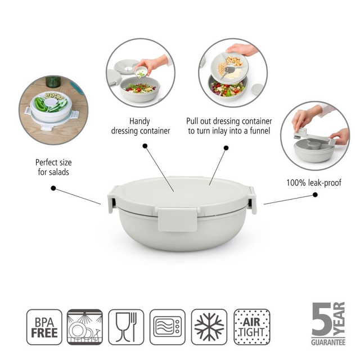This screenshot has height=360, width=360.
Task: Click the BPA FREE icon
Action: click(x=44, y=327)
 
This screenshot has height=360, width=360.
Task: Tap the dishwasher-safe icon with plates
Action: click(x=85, y=327)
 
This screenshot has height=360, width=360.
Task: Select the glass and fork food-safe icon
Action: click(x=126, y=327)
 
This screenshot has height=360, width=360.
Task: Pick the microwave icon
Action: click(x=167, y=327)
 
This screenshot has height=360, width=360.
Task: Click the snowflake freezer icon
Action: click(x=209, y=327)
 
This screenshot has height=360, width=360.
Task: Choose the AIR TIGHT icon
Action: click(x=250, y=327)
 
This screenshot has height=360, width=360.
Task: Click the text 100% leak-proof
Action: click(x=314, y=183)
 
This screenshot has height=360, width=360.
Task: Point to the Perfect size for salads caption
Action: click(x=52, y=167)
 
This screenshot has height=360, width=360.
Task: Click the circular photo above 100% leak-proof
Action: click(x=315, y=136)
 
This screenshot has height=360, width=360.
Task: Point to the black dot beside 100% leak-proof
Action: click(x=315, y=195)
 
